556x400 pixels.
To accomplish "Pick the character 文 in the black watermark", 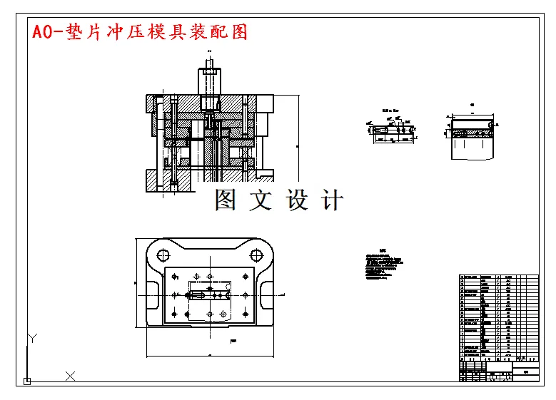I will [x=261, y=200].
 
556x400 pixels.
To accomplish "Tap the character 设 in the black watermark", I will [x=297, y=200].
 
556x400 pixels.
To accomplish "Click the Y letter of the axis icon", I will [x=31, y=337].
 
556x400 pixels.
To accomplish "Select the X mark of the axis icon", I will [x=71, y=376].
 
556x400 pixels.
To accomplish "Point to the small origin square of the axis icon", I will [x=27, y=381].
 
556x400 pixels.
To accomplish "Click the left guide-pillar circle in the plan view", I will [x=162, y=255].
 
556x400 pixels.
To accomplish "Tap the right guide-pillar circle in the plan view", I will [x=256, y=255].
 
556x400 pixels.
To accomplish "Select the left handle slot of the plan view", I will [x=152, y=294].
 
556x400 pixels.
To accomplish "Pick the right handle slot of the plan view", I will [x=266, y=294].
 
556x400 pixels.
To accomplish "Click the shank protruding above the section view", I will [x=209, y=78].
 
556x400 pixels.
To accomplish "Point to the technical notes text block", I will [x=381, y=265].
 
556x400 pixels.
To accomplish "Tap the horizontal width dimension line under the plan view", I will [x=210, y=354].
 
